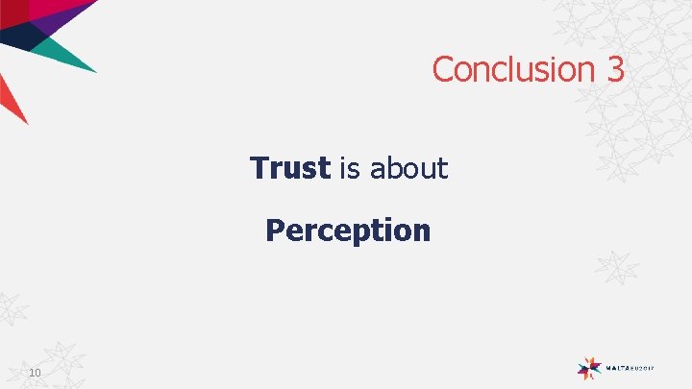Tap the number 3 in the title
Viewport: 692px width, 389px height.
(615, 69)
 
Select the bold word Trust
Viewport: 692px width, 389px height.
(289, 168)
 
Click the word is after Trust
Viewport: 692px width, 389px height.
(350, 168)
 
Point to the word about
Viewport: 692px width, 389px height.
(408, 168)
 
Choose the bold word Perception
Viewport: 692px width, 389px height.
(348, 231)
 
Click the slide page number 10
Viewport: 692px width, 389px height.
(35, 373)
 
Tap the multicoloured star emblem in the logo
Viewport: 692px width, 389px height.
(589, 366)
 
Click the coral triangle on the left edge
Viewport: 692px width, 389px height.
(10, 96)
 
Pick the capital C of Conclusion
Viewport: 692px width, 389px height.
(443, 69)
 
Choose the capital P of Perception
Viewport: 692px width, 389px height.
(274, 231)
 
